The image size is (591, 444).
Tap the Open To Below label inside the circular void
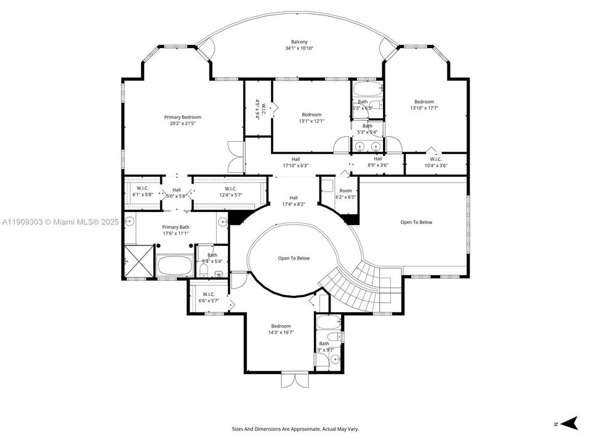click(294, 258)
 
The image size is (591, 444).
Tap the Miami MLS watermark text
click(54, 221)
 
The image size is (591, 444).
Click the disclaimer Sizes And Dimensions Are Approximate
click(295, 429)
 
